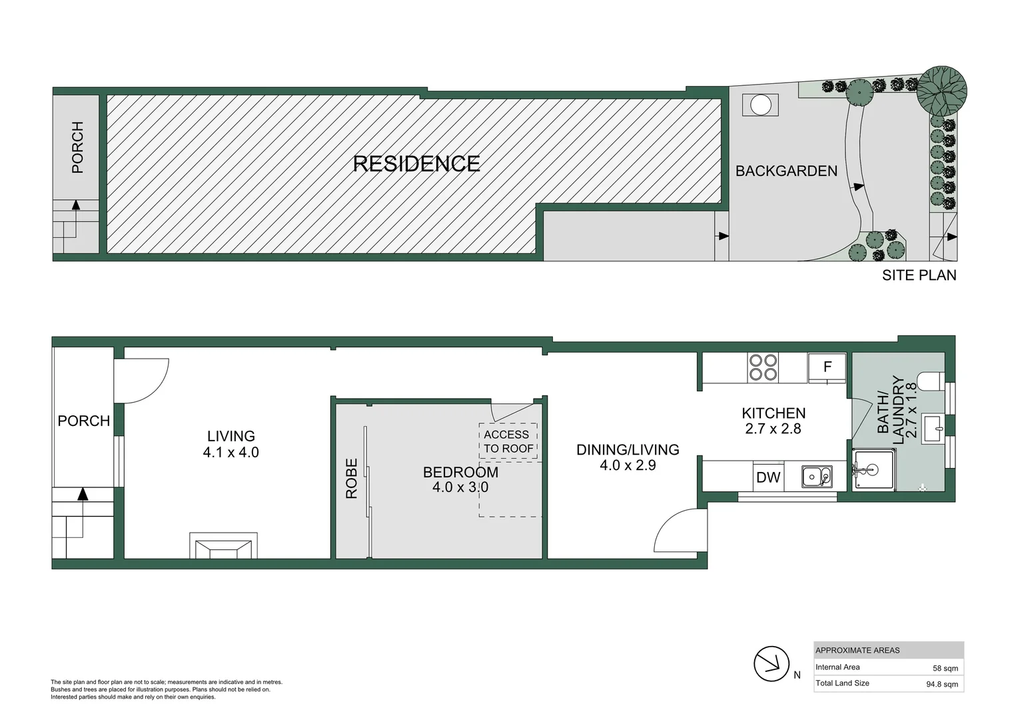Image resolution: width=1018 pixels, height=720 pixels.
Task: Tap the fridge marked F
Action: coord(827,367)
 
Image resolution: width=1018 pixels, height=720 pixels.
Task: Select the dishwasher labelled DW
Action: coord(768,477)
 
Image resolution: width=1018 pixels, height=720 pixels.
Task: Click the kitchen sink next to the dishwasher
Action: coord(816,477)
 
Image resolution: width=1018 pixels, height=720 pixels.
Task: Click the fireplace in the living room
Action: coord(223,546)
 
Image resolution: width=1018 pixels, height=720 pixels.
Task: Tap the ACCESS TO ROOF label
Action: coord(508,441)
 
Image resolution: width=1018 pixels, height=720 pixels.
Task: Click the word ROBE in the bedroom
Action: coord(352,478)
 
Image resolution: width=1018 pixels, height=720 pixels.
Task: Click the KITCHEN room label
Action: coord(773,413)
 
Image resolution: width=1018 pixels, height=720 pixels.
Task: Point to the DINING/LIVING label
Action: coord(628,450)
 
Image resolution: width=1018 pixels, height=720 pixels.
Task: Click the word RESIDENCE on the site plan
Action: coord(416,164)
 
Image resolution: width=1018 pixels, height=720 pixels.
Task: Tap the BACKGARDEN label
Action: coord(786,171)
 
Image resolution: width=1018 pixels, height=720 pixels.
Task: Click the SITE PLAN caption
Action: coord(919,275)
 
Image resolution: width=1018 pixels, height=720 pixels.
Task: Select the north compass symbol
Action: coord(771,664)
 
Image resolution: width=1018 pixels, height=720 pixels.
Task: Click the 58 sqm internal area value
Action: coord(945,668)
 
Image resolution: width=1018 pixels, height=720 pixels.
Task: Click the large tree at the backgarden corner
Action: coord(941,91)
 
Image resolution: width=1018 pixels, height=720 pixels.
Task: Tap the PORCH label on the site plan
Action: coord(77,147)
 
